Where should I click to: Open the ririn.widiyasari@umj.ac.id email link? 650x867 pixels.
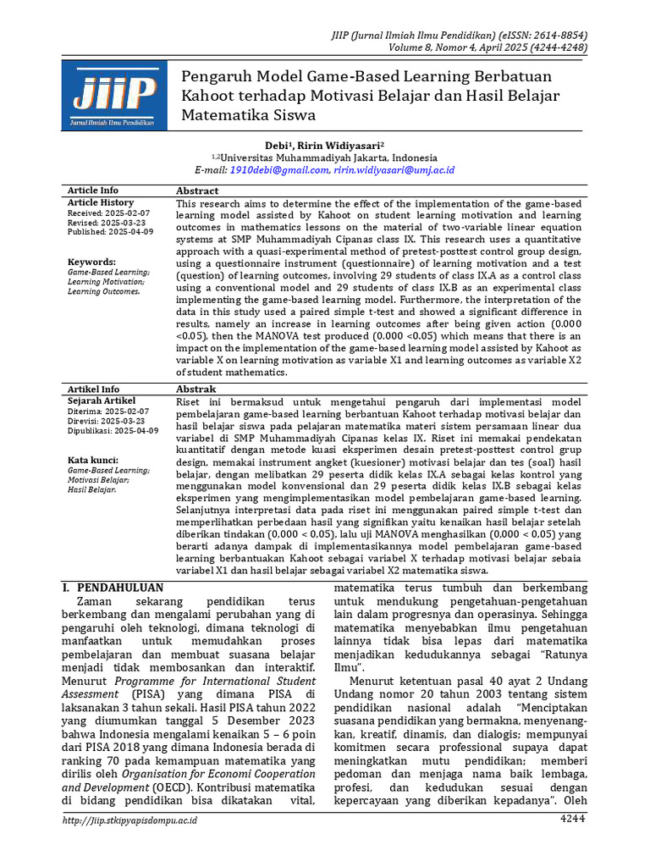coord(394,170)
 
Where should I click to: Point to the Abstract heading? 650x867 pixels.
coord(197,191)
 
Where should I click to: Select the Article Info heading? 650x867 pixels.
coord(93,191)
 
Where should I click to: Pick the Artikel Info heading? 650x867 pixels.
coord(93,389)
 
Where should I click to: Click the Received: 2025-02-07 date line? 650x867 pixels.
coord(108,213)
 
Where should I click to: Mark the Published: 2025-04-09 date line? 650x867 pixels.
coord(110,232)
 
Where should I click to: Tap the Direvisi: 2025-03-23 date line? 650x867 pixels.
coord(106,421)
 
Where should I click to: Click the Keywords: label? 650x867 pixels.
coord(91,262)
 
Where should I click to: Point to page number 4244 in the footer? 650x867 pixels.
coord(572,819)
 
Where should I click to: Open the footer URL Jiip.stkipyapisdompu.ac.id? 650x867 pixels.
coord(130,820)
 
